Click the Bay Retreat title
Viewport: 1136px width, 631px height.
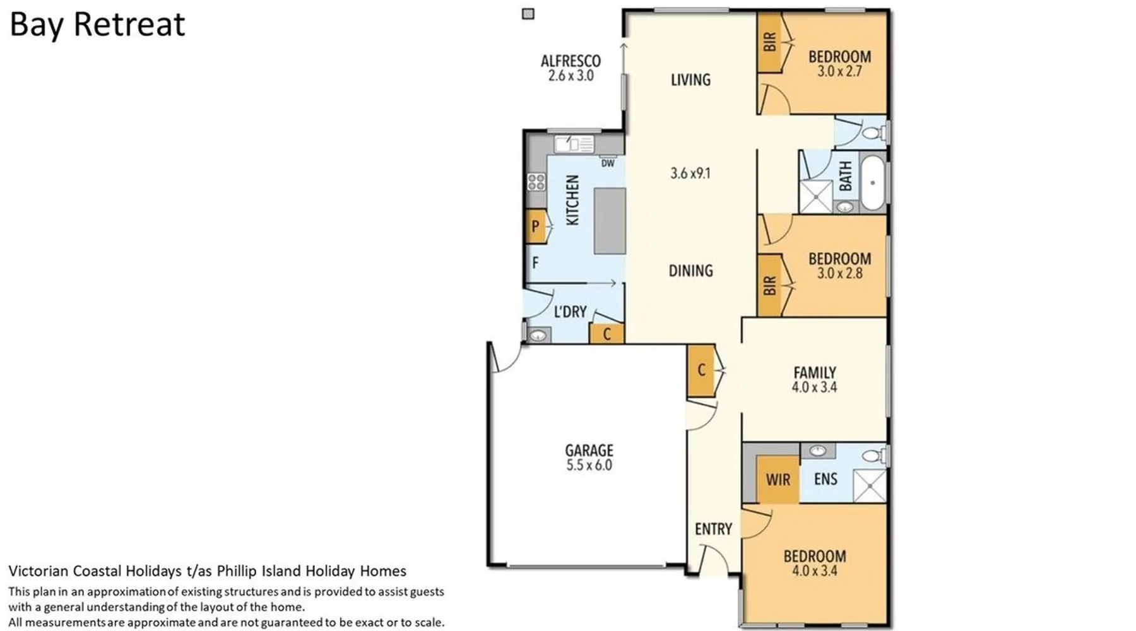click(97, 25)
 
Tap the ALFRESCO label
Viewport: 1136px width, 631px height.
click(571, 61)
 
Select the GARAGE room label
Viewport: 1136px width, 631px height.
click(589, 451)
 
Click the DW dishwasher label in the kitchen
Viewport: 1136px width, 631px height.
click(608, 163)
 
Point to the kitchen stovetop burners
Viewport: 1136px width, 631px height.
click(536, 182)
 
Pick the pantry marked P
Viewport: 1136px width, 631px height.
click(536, 226)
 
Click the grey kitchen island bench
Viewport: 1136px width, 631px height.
click(610, 221)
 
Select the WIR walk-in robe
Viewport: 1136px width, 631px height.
click(778, 480)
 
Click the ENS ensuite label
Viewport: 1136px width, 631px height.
click(825, 479)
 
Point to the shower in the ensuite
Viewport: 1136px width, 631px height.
click(870, 485)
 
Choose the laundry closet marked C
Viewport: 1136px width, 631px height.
click(606, 334)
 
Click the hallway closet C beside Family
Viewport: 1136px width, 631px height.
click(701, 370)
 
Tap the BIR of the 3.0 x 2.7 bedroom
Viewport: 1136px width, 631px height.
click(769, 43)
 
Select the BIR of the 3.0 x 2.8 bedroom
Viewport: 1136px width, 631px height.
click(769, 286)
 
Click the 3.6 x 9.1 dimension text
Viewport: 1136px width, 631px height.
click(690, 173)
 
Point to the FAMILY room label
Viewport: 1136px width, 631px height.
click(815, 372)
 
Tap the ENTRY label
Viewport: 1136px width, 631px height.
click(714, 529)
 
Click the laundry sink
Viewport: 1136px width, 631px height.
click(538, 336)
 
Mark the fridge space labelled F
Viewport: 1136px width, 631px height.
click(535, 262)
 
